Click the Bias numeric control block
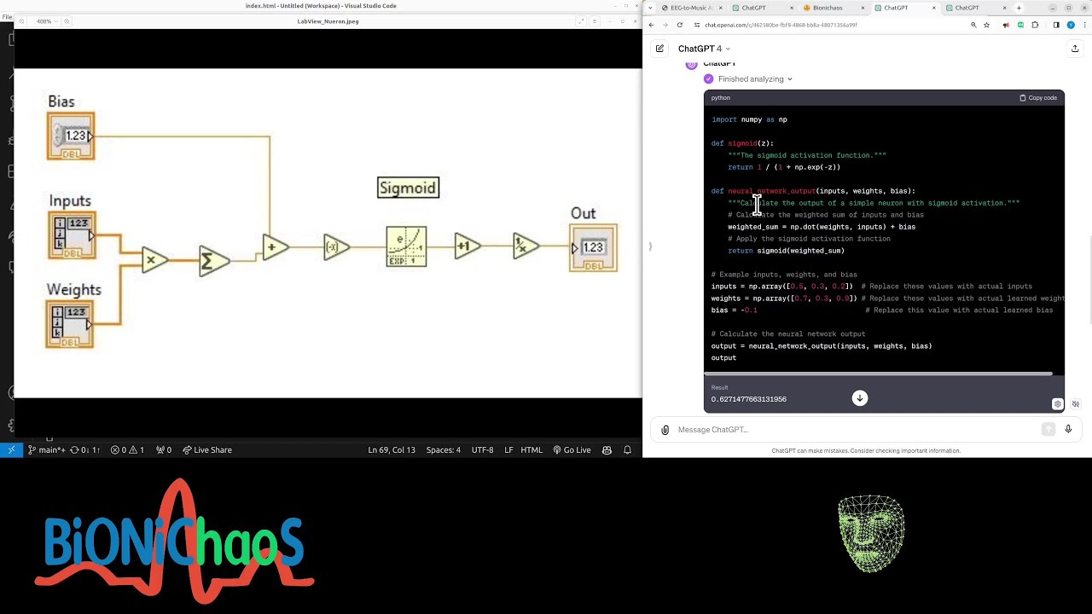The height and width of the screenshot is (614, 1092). (71, 136)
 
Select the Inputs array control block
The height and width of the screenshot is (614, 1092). (72, 235)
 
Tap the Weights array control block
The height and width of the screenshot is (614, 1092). (70, 323)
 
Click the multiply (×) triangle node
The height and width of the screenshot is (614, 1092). (154, 260)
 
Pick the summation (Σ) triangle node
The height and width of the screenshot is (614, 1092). (212, 261)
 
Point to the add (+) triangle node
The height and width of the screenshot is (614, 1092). (274, 247)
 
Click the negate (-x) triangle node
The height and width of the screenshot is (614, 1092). (335, 247)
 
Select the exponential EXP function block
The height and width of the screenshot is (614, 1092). (406, 246)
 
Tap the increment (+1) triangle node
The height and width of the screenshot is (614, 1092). (466, 246)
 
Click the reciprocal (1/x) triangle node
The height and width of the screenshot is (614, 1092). (525, 246)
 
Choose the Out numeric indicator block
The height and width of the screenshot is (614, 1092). (593, 247)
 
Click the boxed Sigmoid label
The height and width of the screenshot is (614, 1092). (408, 188)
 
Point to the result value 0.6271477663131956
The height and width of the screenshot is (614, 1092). (749, 399)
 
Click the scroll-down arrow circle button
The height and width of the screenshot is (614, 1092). (859, 398)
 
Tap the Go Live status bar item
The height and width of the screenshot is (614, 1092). (572, 450)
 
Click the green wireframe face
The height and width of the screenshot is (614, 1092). (871, 533)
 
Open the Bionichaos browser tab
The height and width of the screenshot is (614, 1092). (827, 8)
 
